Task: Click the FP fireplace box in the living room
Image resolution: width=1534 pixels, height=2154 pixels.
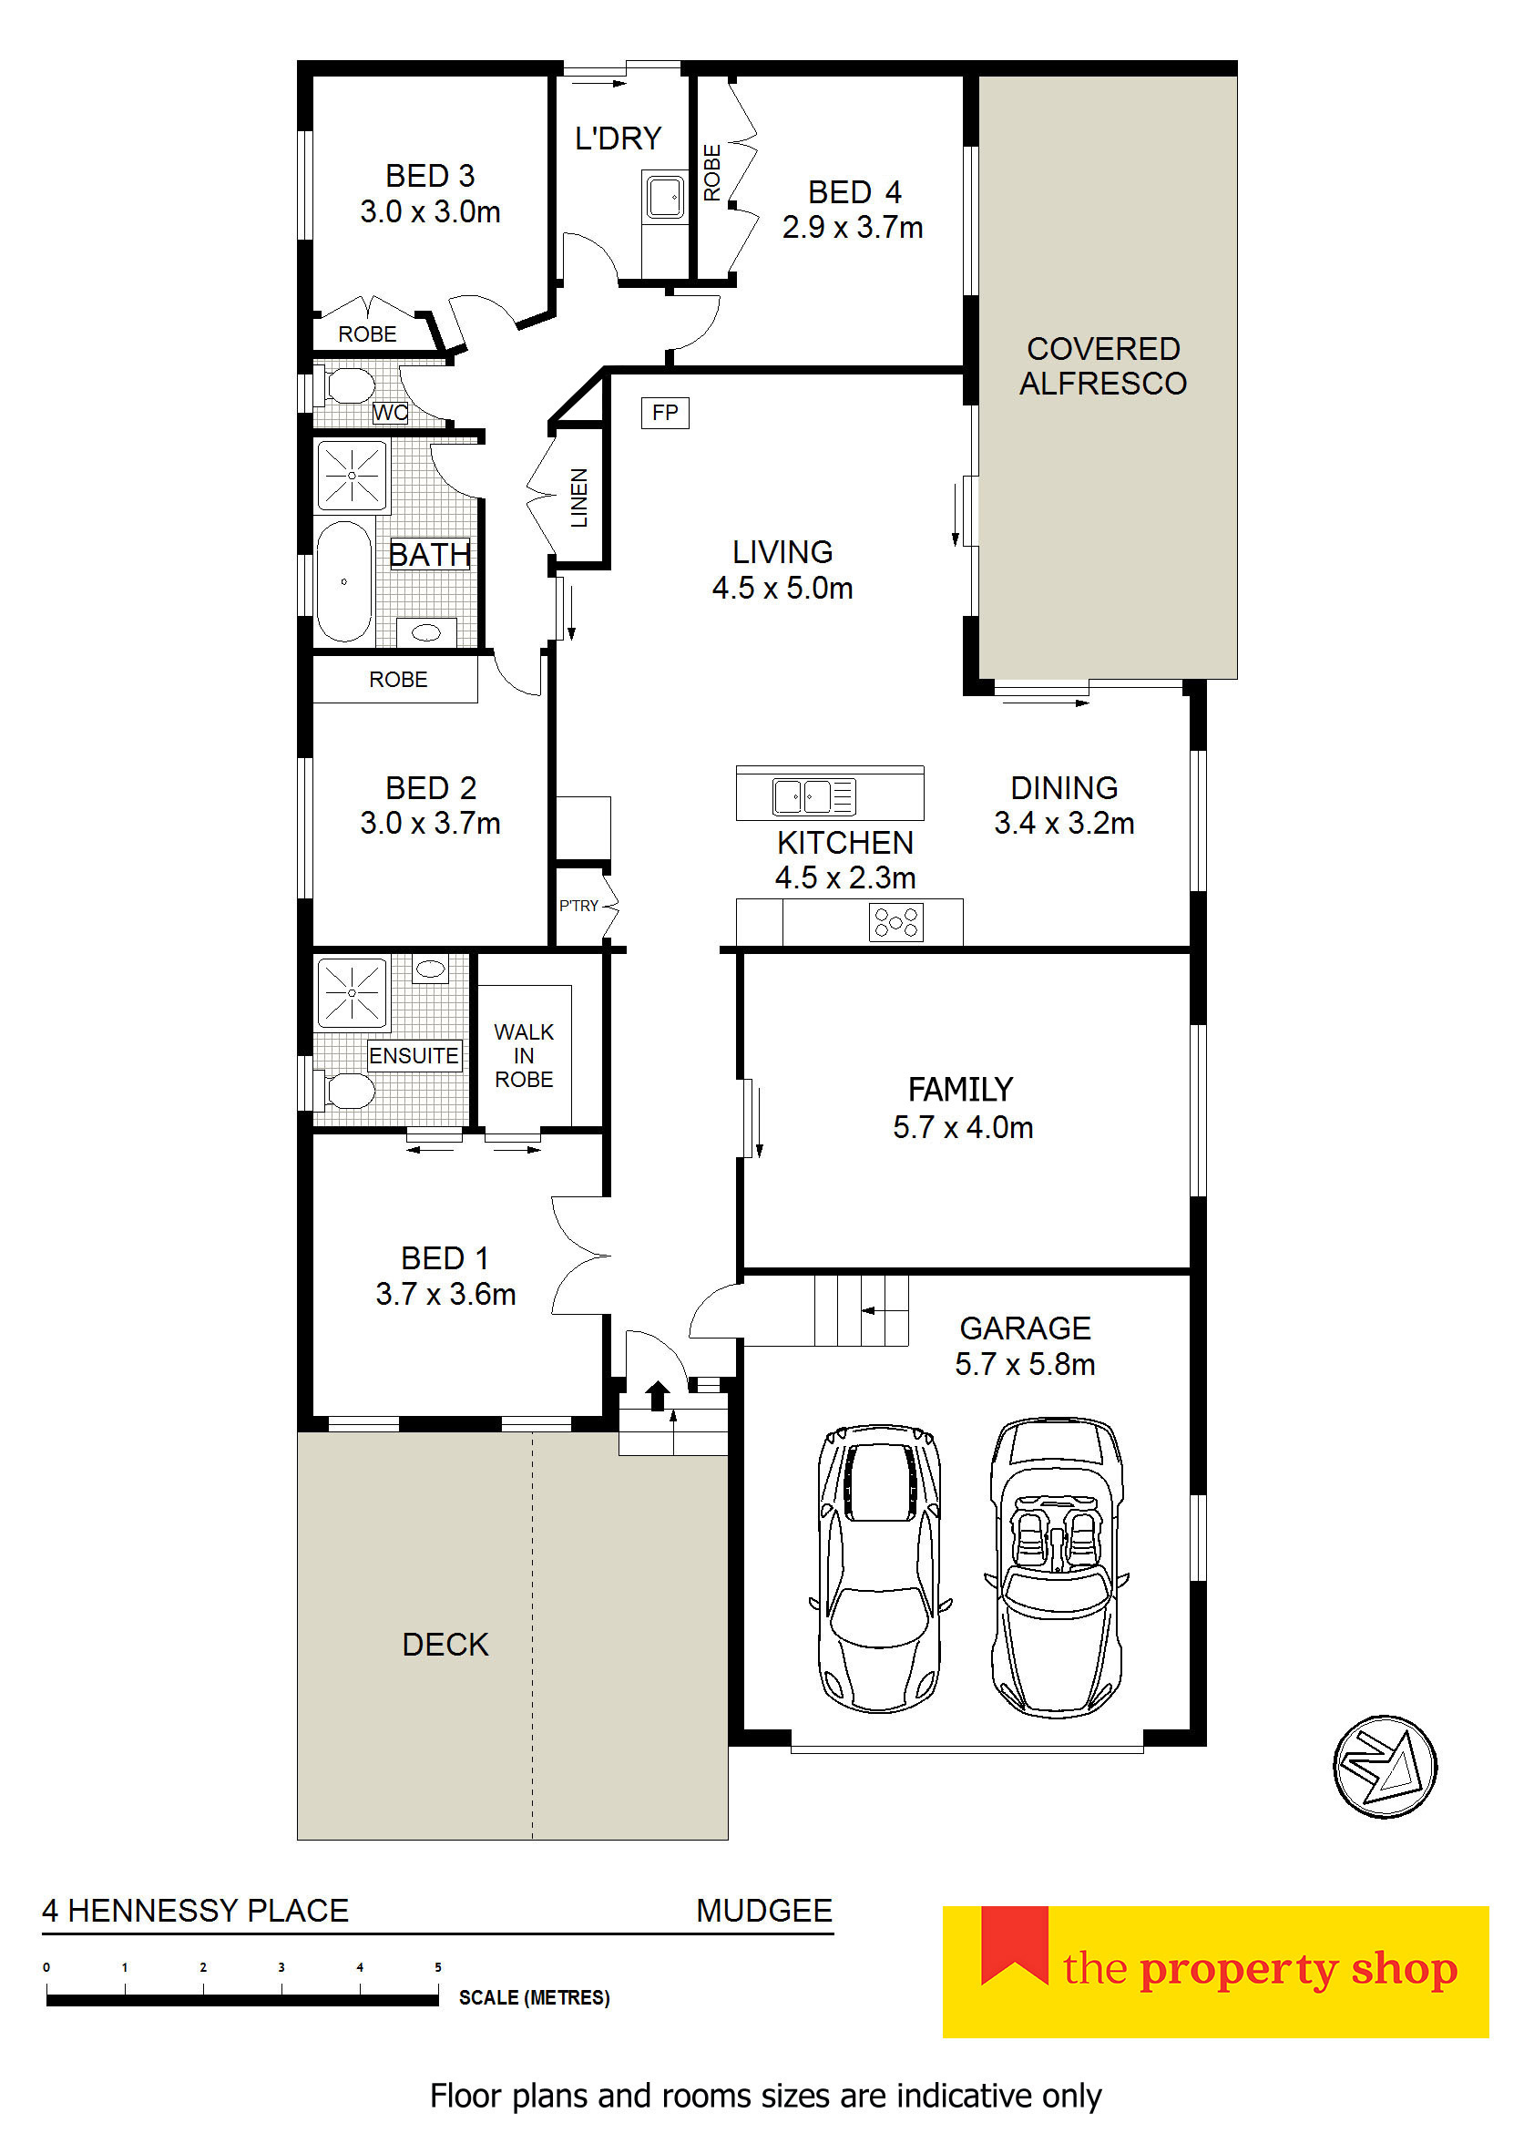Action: click(x=665, y=413)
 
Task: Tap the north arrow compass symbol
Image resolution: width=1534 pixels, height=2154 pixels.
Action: click(x=1384, y=1766)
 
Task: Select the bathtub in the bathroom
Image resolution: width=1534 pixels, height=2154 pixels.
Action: click(x=343, y=581)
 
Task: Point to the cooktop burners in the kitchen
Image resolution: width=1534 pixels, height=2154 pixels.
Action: click(x=895, y=921)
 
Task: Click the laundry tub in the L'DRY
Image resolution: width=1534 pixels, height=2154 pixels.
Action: click(x=665, y=197)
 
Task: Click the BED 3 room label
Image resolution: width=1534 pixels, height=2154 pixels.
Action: click(x=430, y=194)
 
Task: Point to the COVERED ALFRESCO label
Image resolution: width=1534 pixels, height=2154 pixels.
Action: click(x=1103, y=365)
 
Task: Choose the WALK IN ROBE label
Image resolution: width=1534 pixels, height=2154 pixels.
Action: click(x=525, y=1055)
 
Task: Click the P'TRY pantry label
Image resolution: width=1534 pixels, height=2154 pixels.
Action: click(x=579, y=905)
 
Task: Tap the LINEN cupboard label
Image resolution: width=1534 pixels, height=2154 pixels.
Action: click(x=579, y=497)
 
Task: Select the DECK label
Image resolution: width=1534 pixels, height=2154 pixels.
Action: click(x=445, y=1645)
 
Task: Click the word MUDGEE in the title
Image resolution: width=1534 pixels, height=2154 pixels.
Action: click(x=764, y=1910)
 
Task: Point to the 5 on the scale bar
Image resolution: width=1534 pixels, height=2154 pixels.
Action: click(x=437, y=1967)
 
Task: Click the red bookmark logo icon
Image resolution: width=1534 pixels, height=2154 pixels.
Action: click(x=1015, y=1944)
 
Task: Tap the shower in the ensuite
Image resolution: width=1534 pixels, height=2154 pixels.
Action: click(x=353, y=993)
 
